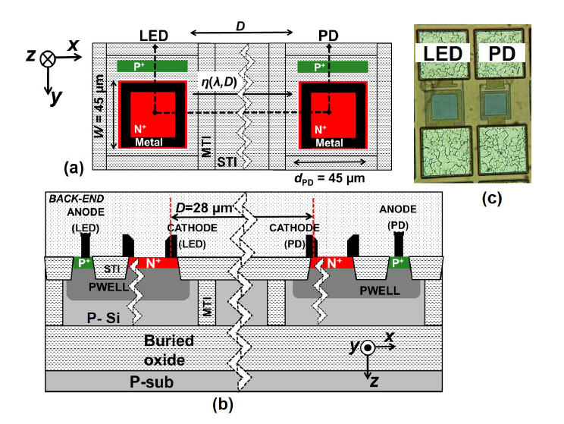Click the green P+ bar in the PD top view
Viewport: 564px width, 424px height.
(334, 67)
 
